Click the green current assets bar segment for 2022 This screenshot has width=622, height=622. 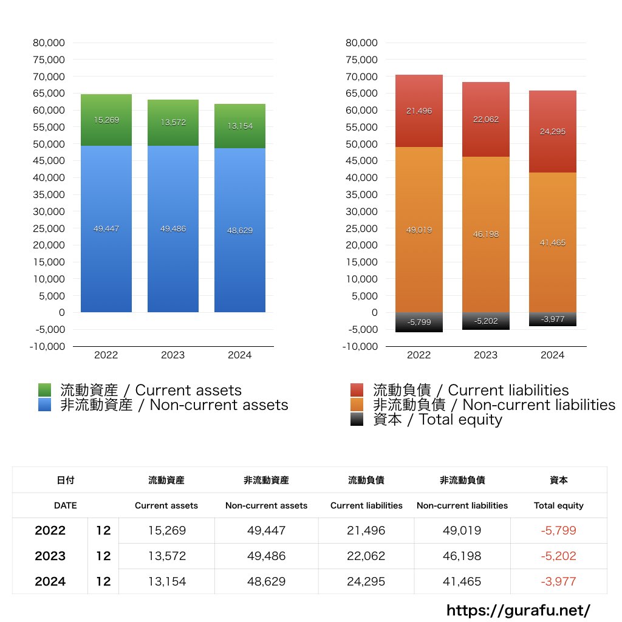(x=106, y=120)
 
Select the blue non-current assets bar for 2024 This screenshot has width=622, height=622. (x=240, y=230)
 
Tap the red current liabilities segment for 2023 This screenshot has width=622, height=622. (x=485, y=119)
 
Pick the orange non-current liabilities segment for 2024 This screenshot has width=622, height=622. (x=552, y=242)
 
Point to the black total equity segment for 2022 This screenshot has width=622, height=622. (x=419, y=322)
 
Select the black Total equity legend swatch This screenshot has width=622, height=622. (x=357, y=419)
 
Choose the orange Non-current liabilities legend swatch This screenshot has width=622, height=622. (x=357, y=405)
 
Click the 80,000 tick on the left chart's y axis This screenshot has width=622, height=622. (x=48, y=43)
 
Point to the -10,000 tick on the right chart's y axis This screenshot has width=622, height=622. (x=361, y=346)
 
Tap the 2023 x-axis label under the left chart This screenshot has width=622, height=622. (x=173, y=355)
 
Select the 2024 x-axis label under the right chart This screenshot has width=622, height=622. (x=552, y=355)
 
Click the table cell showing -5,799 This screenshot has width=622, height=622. (x=558, y=530)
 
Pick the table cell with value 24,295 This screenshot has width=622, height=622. (x=366, y=581)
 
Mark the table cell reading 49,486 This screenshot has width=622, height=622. (x=266, y=556)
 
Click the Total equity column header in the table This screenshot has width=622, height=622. (x=558, y=505)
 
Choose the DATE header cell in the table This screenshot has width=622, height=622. (x=65, y=505)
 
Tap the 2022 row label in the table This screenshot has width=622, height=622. (x=50, y=530)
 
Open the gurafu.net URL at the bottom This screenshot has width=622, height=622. (x=518, y=610)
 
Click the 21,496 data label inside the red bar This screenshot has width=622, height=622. (x=419, y=111)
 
